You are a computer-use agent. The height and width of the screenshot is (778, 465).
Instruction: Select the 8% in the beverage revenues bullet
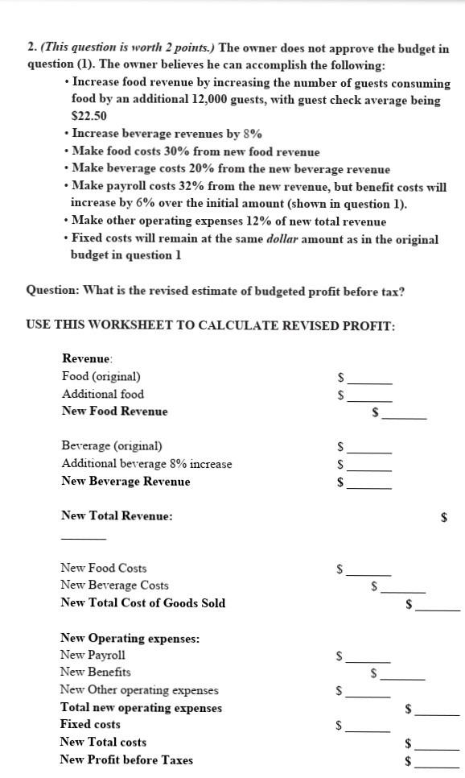pos(251,134)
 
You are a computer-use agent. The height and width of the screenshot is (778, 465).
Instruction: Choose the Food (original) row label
pos(101,376)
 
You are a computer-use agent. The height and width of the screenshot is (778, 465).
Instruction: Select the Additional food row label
pos(103,394)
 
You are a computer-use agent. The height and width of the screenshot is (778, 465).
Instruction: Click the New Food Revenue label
pos(115,412)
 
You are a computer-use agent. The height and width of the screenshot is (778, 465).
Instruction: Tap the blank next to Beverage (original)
pos(369,449)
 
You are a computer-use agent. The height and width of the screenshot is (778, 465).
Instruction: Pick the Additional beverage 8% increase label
pos(146,464)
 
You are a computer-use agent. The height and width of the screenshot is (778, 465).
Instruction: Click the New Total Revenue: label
pos(117,515)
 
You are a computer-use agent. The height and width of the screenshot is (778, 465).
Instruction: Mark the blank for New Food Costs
pos(369,573)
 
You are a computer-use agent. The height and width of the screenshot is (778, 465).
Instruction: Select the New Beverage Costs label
pos(115,586)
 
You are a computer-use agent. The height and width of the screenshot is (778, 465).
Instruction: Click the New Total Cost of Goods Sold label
pos(143,603)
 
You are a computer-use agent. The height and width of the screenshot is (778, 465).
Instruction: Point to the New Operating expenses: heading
pos(130,639)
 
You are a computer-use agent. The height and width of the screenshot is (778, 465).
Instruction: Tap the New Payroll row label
pos(93,656)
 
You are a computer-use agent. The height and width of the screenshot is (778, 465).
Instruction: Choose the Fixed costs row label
pos(90,724)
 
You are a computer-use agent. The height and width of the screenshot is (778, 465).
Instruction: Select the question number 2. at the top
pos(32,49)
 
